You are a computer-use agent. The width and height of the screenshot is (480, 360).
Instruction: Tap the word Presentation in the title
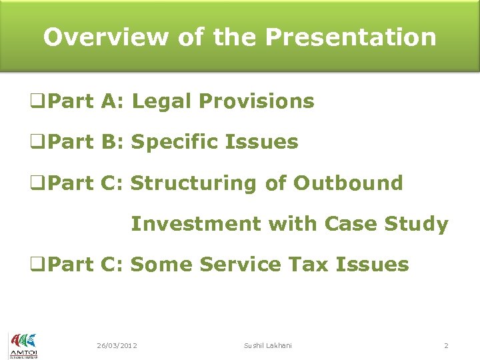351,37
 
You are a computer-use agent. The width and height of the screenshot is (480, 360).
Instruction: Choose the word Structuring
193,183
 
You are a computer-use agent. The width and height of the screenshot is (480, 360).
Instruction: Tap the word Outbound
348,183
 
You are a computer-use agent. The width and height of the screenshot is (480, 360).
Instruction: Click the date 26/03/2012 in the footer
117,345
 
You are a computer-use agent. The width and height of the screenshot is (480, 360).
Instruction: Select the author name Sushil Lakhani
268,345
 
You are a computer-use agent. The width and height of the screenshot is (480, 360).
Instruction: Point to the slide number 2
446,345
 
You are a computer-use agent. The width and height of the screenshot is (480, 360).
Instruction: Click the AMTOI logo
23,346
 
